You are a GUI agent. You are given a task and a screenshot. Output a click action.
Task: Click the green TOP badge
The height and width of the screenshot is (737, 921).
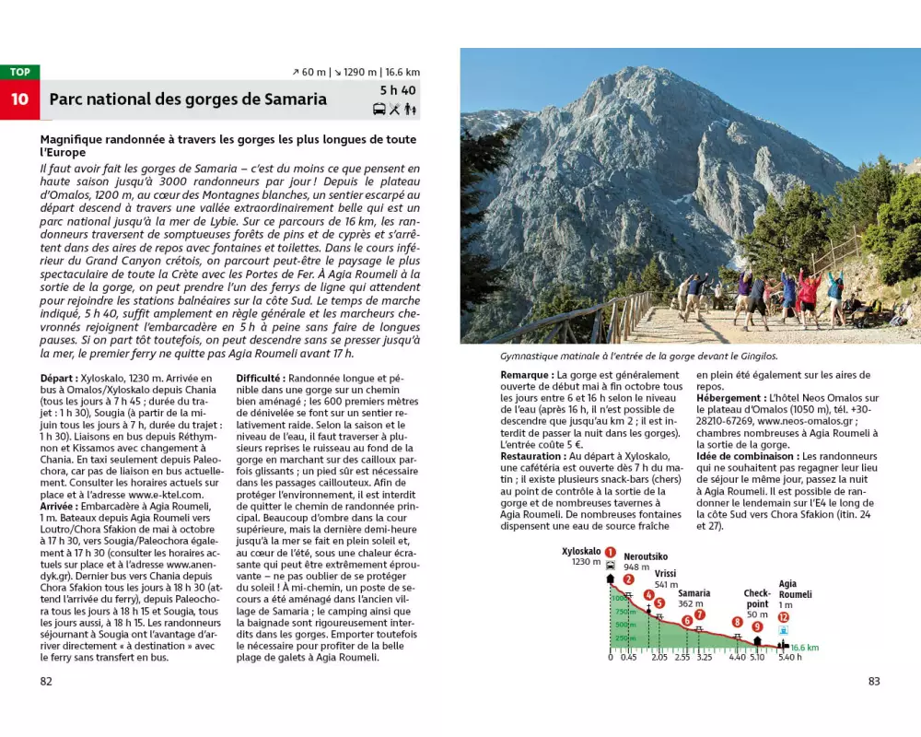tap(20, 72)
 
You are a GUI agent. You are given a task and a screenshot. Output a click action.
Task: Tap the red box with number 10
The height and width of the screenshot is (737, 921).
tap(20, 99)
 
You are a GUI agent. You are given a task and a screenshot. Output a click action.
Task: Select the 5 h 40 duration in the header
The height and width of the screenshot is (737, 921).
tap(397, 90)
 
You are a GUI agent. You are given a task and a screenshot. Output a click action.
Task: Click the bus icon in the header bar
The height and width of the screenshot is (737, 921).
tap(379, 110)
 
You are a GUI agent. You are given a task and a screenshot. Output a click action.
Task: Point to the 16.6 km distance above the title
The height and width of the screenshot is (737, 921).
tap(402, 72)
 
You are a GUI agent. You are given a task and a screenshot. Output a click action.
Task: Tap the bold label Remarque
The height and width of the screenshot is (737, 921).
tap(527, 376)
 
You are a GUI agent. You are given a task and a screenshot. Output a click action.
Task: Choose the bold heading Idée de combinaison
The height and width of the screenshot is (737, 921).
tap(747, 456)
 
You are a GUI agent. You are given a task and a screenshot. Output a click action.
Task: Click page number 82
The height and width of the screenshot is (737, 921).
tap(46, 682)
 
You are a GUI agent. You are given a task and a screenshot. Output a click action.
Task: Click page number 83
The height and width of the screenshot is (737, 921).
tap(874, 682)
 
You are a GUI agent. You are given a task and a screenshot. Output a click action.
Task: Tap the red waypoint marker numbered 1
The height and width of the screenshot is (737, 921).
tap(610, 552)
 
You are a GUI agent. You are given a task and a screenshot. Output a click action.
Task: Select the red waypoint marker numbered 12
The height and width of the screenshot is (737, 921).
tap(784, 617)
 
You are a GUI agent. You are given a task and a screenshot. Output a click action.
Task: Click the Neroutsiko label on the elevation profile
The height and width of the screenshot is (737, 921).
tap(646, 556)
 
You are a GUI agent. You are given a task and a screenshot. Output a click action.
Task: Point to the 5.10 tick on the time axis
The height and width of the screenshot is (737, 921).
tap(757, 658)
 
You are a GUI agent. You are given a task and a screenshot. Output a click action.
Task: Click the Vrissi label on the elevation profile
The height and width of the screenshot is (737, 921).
tap(666, 574)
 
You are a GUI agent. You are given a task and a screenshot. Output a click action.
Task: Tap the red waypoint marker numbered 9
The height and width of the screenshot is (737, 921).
tap(757, 626)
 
